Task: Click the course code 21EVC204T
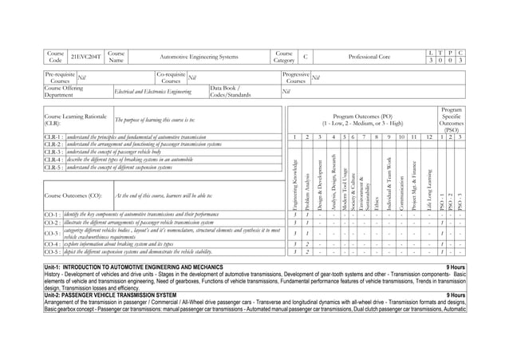click(84, 57)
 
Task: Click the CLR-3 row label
click(50, 152)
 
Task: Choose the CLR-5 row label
click(50, 168)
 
